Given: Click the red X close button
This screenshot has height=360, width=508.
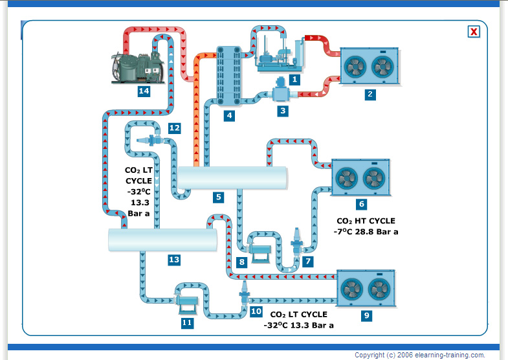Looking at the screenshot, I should (x=474, y=31).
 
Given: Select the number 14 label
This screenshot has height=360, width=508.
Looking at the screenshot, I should (x=144, y=91).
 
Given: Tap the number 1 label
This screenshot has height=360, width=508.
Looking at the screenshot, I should (x=294, y=80).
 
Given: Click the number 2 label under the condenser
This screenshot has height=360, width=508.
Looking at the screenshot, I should (x=370, y=95).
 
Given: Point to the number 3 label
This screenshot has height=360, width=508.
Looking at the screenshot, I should (x=282, y=111).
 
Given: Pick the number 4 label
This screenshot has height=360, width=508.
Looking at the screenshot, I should (x=228, y=116).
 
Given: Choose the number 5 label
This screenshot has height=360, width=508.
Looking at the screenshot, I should (x=219, y=196).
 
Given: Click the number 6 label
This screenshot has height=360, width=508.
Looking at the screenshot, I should (x=361, y=204).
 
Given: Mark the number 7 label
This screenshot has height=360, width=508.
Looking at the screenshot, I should (x=308, y=262).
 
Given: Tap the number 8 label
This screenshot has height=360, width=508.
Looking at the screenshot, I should (x=241, y=262).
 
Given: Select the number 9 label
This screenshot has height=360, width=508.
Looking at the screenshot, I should (x=366, y=315).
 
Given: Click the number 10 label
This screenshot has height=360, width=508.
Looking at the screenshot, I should (x=256, y=311).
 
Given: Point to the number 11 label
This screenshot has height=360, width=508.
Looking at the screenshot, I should (x=186, y=322).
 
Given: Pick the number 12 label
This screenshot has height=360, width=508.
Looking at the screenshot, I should (x=173, y=128).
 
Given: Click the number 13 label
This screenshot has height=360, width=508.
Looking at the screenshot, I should (x=173, y=260).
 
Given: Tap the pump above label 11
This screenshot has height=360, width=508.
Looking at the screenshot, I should (x=188, y=300).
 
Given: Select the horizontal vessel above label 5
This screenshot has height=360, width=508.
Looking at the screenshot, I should (x=232, y=177).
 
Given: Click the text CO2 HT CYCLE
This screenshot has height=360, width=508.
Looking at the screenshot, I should (x=366, y=221).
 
